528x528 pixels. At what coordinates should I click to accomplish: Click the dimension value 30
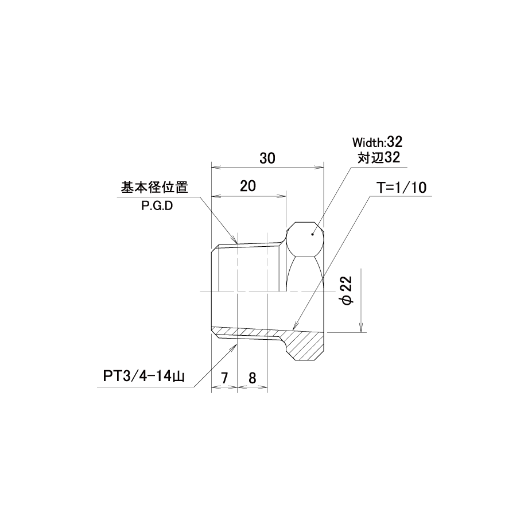[x=267, y=158]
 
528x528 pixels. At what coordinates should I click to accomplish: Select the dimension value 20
[x=248, y=186]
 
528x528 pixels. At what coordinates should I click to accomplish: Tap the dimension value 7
[x=224, y=378]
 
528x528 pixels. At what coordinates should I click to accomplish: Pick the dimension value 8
[x=252, y=378]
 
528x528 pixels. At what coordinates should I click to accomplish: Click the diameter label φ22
[x=347, y=290]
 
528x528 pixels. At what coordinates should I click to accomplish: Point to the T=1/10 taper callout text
[x=401, y=188]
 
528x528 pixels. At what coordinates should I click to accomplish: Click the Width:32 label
[x=377, y=142]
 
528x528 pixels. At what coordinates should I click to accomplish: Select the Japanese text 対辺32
[x=379, y=158]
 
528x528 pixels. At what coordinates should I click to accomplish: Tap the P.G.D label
[x=157, y=205]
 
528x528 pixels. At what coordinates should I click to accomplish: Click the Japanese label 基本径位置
[x=154, y=187]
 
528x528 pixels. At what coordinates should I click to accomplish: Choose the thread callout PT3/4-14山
[x=144, y=376]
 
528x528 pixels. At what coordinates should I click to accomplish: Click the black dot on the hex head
[x=313, y=234]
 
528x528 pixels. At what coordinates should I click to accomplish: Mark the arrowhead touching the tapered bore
[x=294, y=325]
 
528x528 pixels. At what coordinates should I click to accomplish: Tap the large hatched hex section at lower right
[x=305, y=346]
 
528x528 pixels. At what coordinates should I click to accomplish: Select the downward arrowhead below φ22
[x=361, y=328]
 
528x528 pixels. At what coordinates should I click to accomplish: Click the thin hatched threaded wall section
[x=246, y=333]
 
